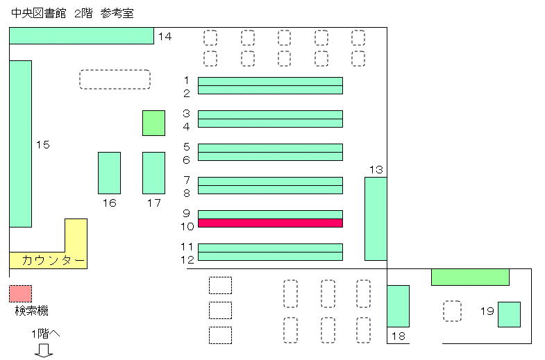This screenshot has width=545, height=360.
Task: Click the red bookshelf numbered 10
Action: [270, 223]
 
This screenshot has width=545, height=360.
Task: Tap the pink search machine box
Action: [21, 293]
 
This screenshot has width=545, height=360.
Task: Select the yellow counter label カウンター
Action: [53, 260]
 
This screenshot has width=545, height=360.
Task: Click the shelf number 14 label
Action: [165, 36]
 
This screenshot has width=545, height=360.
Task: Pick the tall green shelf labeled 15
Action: [21, 144]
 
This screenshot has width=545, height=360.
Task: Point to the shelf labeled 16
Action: [109, 173]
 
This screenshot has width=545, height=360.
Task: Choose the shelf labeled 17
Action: [153, 173]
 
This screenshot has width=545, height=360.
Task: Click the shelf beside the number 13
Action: [376, 218]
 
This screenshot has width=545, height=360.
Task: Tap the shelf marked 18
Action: [398, 306]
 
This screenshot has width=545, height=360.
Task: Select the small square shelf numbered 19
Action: [509, 314]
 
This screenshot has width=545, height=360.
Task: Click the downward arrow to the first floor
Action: [44, 350]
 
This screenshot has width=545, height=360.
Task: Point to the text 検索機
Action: [32, 310]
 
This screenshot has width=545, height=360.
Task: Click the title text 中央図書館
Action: [39, 13]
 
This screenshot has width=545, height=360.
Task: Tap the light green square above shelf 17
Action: [153, 123]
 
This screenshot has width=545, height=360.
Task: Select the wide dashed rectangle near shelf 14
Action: [115, 80]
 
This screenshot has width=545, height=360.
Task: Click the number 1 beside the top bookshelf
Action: [187, 80]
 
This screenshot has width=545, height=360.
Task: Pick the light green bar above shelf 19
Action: [470, 277]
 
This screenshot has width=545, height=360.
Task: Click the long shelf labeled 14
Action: [81, 36]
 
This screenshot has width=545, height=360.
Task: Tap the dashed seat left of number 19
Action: [452, 311]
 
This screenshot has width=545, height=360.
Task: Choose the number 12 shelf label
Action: [187, 259]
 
